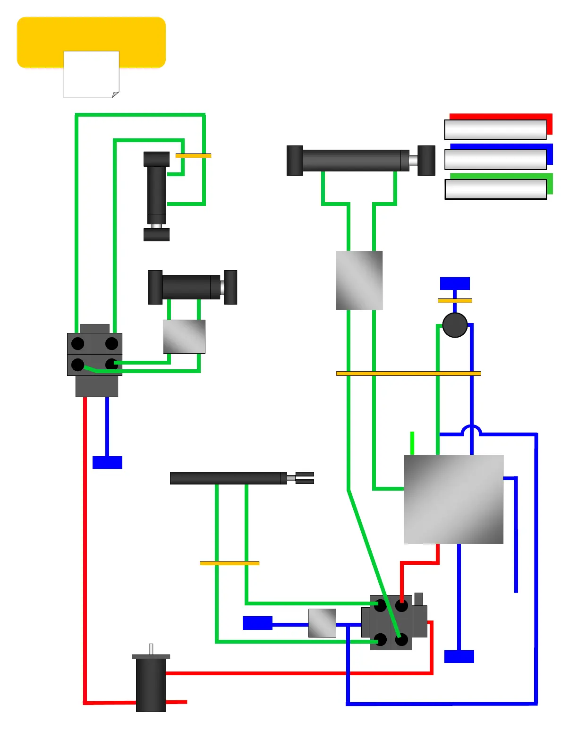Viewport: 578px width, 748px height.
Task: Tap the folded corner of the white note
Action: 115,94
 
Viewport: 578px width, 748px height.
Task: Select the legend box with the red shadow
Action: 495,129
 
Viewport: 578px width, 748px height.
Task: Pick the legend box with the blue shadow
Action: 495,159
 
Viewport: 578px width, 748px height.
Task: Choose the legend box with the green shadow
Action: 495,189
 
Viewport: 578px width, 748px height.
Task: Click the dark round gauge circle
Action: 455,325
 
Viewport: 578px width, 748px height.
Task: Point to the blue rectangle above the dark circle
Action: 455,283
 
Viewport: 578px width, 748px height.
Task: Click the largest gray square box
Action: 453,499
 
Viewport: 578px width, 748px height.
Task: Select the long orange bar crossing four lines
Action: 408,374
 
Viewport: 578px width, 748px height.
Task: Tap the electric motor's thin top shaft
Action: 151,649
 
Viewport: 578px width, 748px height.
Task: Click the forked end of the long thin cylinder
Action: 304,478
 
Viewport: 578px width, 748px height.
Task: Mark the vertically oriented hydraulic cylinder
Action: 156,196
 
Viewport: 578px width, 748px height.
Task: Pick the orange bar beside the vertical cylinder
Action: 193,155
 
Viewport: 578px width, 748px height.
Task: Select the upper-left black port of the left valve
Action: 78,344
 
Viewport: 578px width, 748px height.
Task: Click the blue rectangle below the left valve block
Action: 107,462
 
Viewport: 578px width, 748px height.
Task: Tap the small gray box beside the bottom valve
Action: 322,623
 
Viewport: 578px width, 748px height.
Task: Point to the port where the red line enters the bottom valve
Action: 401,606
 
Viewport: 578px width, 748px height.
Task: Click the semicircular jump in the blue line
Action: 471,431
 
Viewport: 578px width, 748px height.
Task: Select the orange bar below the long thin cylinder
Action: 229,563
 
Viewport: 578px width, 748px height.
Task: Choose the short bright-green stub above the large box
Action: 412,443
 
